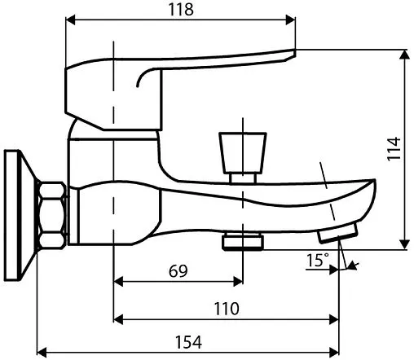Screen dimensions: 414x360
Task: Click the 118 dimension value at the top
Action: pyautogui.click(x=181, y=10)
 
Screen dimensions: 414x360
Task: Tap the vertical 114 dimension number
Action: pyautogui.click(x=394, y=149)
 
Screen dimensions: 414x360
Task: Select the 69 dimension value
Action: pyautogui.click(x=178, y=270)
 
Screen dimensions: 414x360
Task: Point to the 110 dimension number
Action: pyautogui.click(x=227, y=309)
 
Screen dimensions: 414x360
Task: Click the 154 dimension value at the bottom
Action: pyautogui.click(x=189, y=342)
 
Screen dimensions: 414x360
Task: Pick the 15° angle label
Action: pyautogui.click(x=317, y=260)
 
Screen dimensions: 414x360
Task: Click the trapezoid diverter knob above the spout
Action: pyautogui.click(x=243, y=153)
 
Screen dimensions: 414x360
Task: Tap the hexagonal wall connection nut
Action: pyautogui.click(x=51, y=216)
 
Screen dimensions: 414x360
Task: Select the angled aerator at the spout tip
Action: pyautogui.click(x=338, y=232)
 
